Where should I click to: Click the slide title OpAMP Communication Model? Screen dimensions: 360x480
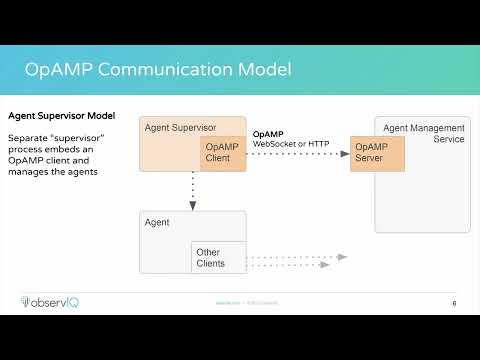159,70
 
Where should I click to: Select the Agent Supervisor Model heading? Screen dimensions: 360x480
61,116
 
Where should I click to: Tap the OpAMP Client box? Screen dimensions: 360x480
222,153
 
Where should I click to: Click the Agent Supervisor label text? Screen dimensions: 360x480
180,127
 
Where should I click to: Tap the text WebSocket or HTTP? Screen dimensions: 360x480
290,144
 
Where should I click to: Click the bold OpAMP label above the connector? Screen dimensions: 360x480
268,133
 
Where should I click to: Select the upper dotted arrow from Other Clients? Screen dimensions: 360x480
295,257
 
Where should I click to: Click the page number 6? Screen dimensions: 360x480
455,303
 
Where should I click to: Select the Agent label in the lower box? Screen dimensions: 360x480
158,222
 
